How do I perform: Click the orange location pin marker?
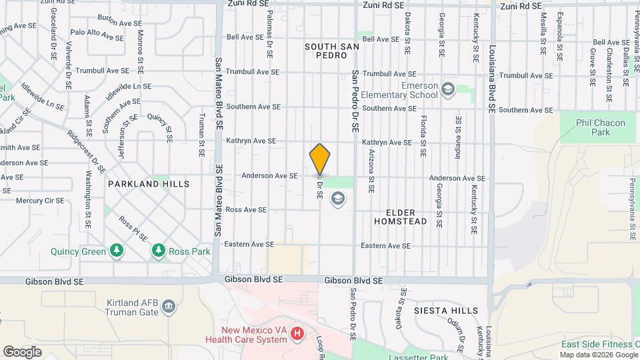pyautogui.click(x=320, y=159)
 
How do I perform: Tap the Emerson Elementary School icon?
pyautogui.click(x=449, y=89)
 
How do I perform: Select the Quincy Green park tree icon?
pyautogui.click(x=117, y=251)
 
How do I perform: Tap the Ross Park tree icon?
pyautogui.click(x=158, y=251)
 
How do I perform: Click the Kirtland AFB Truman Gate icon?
pyautogui.click(x=169, y=307)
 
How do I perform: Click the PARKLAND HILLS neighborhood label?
pyautogui.click(x=149, y=184)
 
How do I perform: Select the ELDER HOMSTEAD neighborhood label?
pyautogui.click(x=400, y=216)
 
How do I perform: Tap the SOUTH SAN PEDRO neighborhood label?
pyautogui.click(x=332, y=51)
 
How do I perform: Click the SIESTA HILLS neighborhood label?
pyautogui.click(x=446, y=311)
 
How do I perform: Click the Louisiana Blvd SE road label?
pyautogui.click(x=493, y=78)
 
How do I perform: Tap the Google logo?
pyautogui.click(x=22, y=351)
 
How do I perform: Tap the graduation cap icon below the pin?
pyautogui.click(x=338, y=198)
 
